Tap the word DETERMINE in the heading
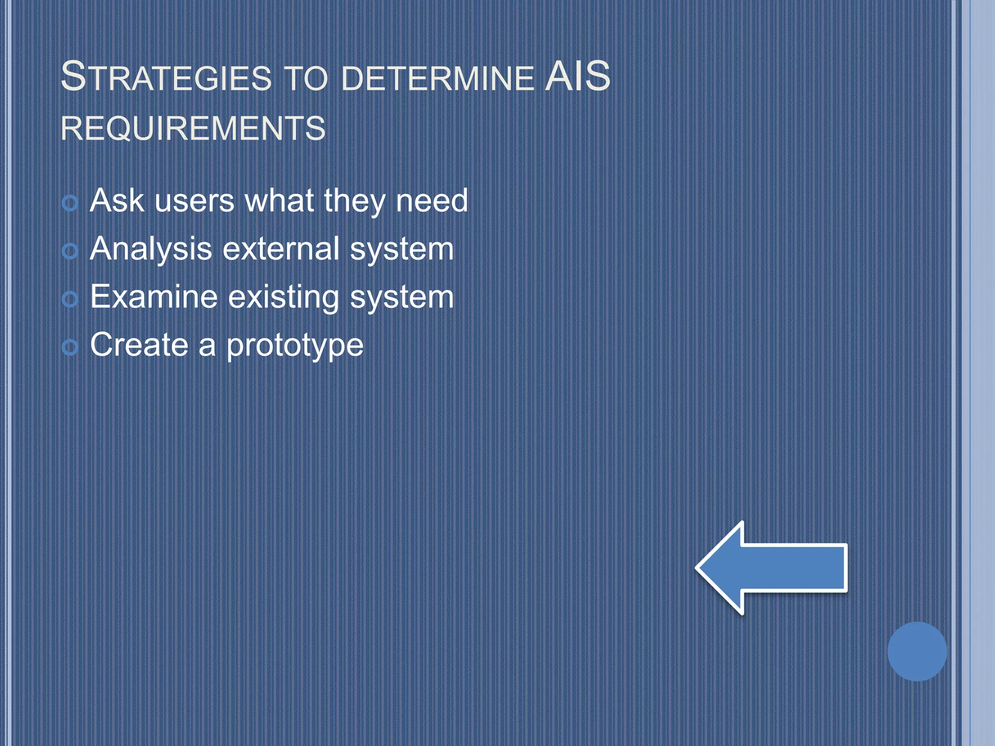[x=437, y=78]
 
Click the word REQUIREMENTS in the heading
[x=193, y=128]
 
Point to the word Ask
[x=117, y=200]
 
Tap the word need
[x=431, y=200]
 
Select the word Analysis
[x=151, y=250]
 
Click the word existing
[x=283, y=298]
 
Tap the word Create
[x=139, y=344]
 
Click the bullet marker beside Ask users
[x=70, y=203]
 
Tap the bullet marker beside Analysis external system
[x=70, y=251]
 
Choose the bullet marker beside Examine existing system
[x=70, y=299]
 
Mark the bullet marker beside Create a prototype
[x=70, y=347]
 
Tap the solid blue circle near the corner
[x=917, y=651]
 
